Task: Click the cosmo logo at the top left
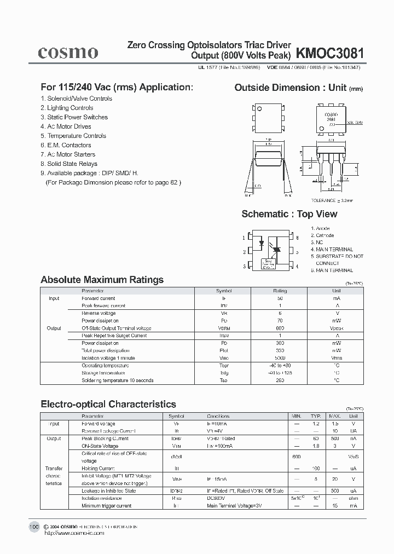pyautogui.click(x=68, y=52)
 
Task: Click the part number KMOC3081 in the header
pyautogui.click(x=329, y=53)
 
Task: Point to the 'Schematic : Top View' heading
pyautogui.click(x=289, y=214)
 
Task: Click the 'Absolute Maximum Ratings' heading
pyautogui.click(x=102, y=280)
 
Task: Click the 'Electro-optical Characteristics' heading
pyautogui.click(x=108, y=404)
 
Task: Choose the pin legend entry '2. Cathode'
pyautogui.click(x=322, y=235)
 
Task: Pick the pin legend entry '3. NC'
pyautogui.click(x=317, y=242)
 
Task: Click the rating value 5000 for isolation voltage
pyautogui.click(x=280, y=358)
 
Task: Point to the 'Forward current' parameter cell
pyautogui.click(x=99, y=298)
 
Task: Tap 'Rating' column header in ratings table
pyautogui.click(x=280, y=291)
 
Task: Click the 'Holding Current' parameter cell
pyautogui.click(x=98, y=469)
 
